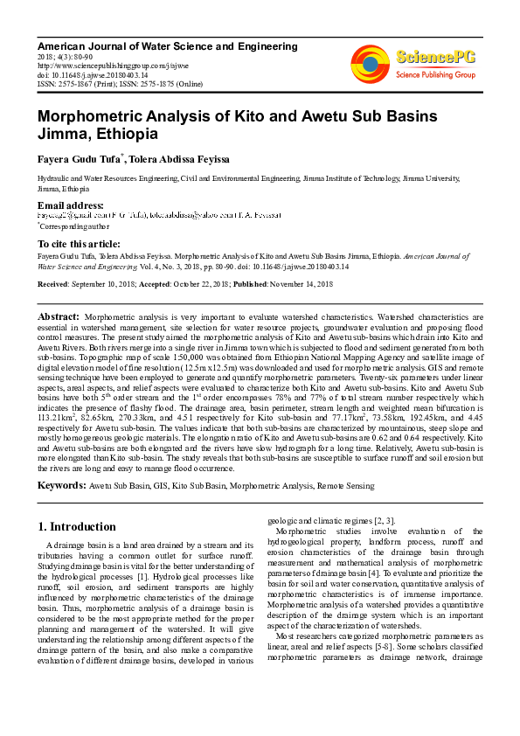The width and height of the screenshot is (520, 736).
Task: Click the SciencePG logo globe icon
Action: (371, 62)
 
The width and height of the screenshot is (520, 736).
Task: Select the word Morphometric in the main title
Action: (94, 116)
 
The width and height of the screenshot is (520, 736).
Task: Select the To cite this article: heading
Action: (79, 243)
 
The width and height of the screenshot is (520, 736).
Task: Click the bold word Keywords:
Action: (61, 485)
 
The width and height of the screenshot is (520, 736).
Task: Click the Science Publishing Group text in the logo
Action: (436, 75)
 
